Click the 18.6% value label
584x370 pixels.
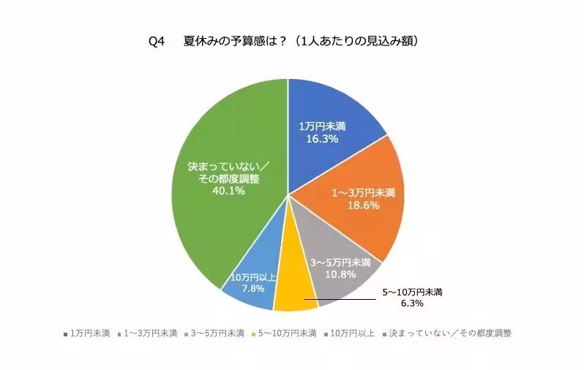[362, 207]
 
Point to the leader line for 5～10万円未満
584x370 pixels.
[344, 298]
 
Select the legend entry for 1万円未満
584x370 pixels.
[86, 333]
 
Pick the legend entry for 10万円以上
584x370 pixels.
[348, 333]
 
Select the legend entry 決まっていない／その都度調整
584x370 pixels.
[446, 333]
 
